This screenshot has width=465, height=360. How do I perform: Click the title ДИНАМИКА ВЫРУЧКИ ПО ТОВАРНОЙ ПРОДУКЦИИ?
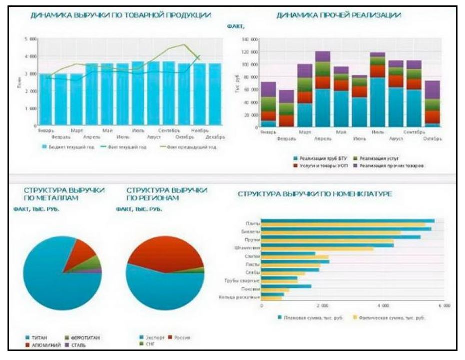click(x=120, y=16)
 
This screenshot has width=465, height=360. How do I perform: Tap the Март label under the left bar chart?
click(x=76, y=131)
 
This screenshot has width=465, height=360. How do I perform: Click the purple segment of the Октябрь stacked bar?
click(x=432, y=90)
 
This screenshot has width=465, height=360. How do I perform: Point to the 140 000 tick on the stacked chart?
click(x=249, y=39)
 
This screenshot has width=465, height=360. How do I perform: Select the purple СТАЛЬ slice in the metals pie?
click(x=98, y=270)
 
